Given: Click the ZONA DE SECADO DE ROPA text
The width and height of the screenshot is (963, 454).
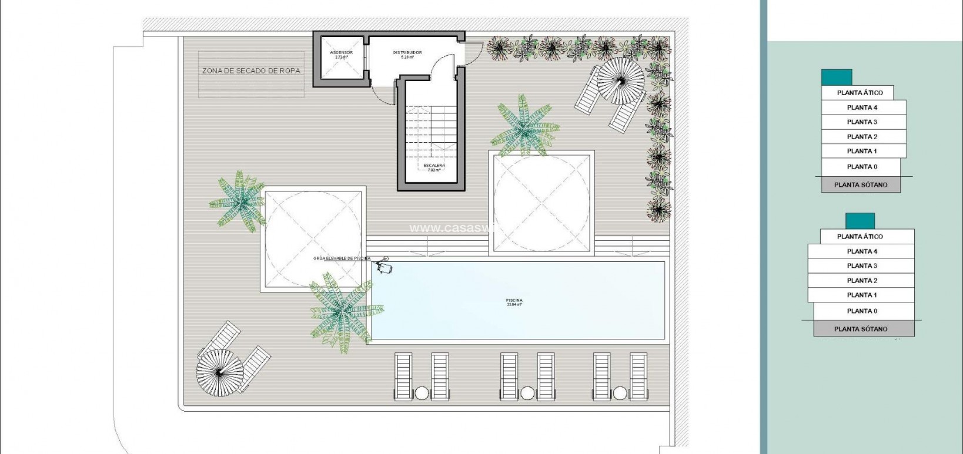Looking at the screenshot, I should pyautogui.click(x=251, y=70).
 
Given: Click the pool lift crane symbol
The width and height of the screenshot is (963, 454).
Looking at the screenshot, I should pyautogui.click(x=385, y=266).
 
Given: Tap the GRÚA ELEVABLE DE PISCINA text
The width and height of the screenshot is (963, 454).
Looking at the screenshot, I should pyautogui.click(x=342, y=258).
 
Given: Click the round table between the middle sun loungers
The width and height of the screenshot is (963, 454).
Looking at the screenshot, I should pyautogui.click(x=527, y=393).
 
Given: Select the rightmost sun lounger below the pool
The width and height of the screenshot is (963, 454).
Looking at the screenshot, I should pyautogui.click(x=638, y=376).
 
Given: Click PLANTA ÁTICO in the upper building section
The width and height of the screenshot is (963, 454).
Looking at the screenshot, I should pyautogui.click(x=860, y=93).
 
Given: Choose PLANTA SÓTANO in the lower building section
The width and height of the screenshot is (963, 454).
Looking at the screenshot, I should pyautogui.click(x=861, y=329).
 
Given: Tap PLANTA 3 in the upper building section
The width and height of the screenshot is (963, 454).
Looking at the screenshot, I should pyautogui.click(x=862, y=122).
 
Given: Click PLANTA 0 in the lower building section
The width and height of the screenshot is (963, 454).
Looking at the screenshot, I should pyautogui.click(x=862, y=311).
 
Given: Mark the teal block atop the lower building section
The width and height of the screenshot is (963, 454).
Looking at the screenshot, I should pyautogui.click(x=860, y=221).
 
